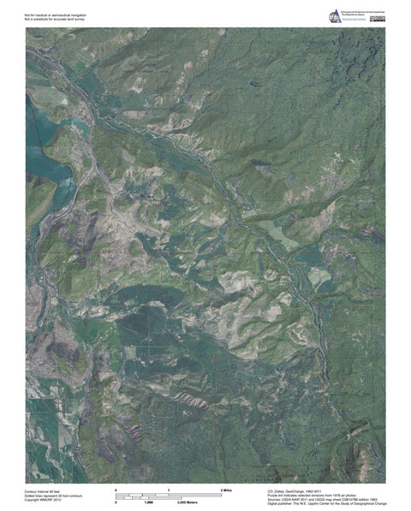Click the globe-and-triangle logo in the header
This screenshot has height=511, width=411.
[334, 14]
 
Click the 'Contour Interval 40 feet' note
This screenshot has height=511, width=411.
[45, 490]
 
